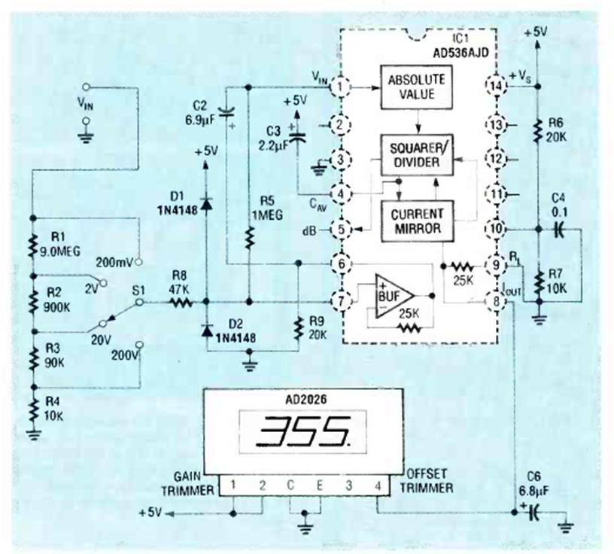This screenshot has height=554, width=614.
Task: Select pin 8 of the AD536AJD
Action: click(x=496, y=302)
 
